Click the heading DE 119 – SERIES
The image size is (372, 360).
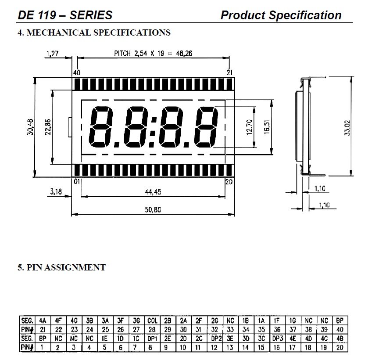coord(64,15)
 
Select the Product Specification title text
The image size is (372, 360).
coord(281,15)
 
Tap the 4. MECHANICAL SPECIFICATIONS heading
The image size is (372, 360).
coord(94,32)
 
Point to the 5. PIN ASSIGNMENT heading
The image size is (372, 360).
coord(61,267)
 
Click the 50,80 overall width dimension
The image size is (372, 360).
coord(153,210)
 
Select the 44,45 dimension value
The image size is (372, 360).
coord(153,191)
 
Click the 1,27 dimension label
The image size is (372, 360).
coord(52,54)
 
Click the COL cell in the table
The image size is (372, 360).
coord(152,321)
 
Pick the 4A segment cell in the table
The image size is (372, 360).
coord(43,321)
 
